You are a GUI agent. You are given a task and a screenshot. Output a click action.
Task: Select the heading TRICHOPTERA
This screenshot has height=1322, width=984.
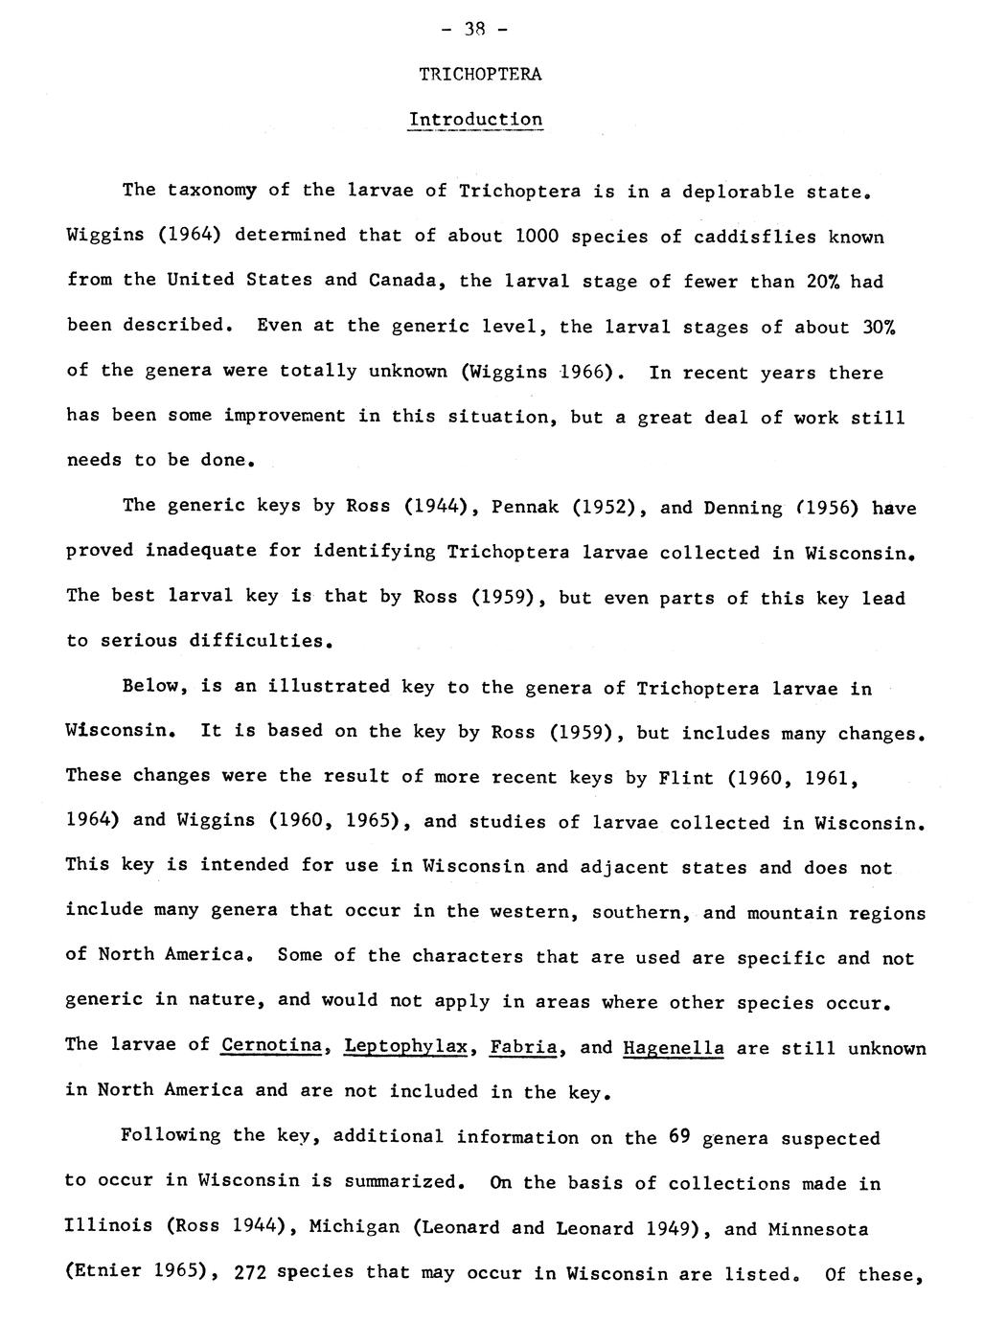click(481, 75)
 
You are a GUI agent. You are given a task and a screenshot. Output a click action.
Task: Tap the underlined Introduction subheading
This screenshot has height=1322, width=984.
click(475, 121)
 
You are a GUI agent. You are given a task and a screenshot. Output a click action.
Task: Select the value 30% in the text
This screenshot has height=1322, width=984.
click(883, 327)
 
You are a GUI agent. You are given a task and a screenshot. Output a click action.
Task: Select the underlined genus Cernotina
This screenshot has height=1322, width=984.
click(271, 1045)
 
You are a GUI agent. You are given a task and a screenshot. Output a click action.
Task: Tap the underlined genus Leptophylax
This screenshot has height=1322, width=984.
click(405, 1046)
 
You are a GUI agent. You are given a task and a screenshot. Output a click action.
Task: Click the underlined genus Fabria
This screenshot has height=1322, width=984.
click(523, 1046)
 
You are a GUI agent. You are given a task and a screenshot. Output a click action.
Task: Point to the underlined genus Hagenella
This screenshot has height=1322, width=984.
click(673, 1047)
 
